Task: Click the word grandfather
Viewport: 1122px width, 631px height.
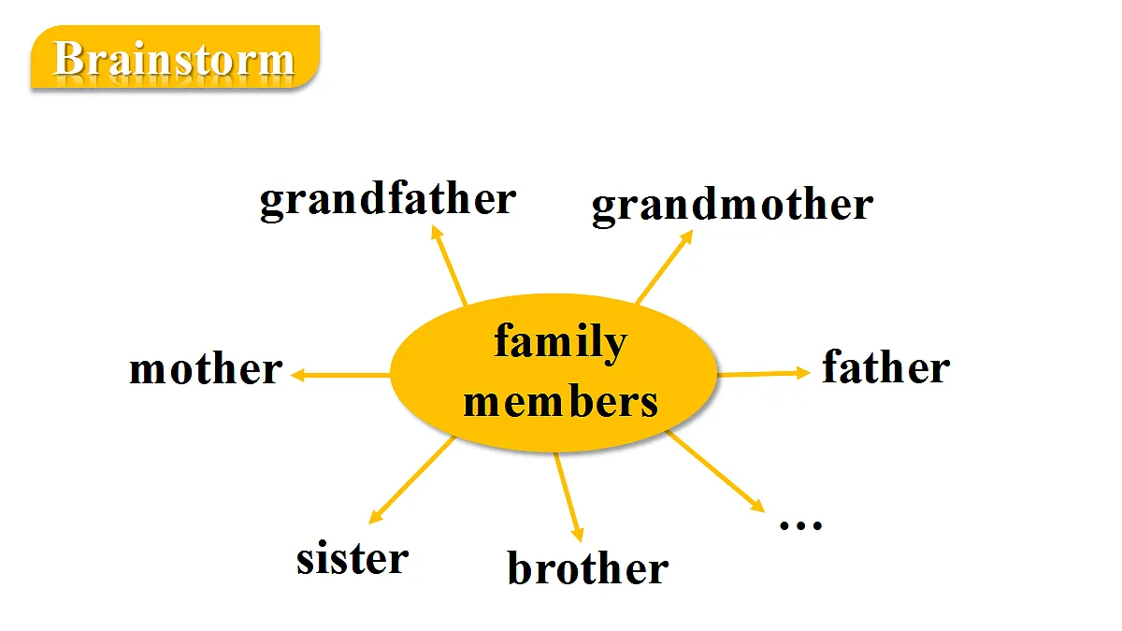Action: pyautogui.click(x=388, y=200)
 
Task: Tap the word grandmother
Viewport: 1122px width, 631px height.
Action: pyautogui.click(x=732, y=206)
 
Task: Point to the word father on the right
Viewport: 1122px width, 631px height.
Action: pyautogui.click(x=886, y=366)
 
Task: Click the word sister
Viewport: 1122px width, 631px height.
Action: pyautogui.click(x=352, y=557)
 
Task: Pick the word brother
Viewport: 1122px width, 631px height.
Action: pyautogui.click(x=588, y=567)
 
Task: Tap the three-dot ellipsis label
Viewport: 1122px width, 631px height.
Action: pyautogui.click(x=801, y=524)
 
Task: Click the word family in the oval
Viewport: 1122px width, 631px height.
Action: pyautogui.click(x=560, y=342)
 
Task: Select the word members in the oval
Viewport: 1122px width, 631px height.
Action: pyautogui.click(x=560, y=401)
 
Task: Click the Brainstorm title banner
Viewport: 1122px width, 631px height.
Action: pyautogui.click(x=175, y=58)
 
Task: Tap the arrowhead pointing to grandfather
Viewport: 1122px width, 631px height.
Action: pyautogui.click(x=436, y=232)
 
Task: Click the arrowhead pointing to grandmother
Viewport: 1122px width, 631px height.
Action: pyautogui.click(x=686, y=237)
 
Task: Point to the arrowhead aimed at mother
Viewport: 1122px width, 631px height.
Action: pyautogui.click(x=297, y=375)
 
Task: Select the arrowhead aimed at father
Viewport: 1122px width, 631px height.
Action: pyautogui.click(x=803, y=373)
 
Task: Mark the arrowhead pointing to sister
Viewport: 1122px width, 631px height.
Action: pyautogui.click(x=375, y=517)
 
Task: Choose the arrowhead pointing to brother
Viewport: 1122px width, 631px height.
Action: pyautogui.click(x=578, y=535)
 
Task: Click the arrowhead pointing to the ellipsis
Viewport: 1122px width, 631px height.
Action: pyautogui.click(x=758, y=506)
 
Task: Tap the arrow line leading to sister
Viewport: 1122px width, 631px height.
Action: pyautogui.click(x=411, y=480)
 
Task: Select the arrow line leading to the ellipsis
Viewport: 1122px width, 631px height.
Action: pyautogui.click(x=716, y=472)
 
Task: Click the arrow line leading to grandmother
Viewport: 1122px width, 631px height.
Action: pyautogui.click(x=665, y=267)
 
